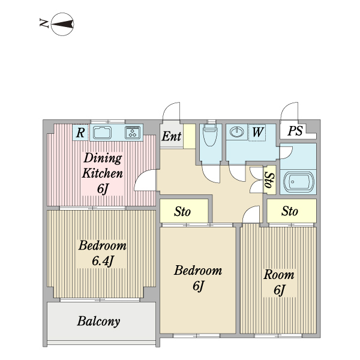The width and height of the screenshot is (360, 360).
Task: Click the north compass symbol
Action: pyautogui.click(x=62, y=24)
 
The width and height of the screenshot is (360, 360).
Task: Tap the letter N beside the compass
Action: pyautogui.click(x=44, y=23)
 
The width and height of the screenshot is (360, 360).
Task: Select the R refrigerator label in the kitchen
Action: pyautogui.click(x=80, y=133)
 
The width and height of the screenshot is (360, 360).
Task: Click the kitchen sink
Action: pyautogui.click(x=102, y=133)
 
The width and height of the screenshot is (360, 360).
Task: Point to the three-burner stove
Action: pyautogui.click(x=133, y=133)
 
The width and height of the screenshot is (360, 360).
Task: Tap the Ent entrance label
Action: pyautogui.click(x=172, y=136)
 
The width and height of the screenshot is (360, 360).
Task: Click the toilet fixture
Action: pyautogui.click(x=210, y=135)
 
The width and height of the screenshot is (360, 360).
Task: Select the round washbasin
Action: pyautogui.click(x=237, y=132)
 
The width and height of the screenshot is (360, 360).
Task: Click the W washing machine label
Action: pyautogui.click(x=257, y=132)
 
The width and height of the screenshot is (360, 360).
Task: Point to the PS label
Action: pyautogui.click(x=295, y=131)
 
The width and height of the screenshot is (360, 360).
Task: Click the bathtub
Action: pyautogui.click(x=298, y=181)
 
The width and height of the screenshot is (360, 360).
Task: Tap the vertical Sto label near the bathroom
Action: pyautogui.click(x=269, y=180)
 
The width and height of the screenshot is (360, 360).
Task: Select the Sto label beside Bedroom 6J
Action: pyautogui.click(x=182, y=211)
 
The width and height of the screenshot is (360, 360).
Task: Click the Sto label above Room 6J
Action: pyautogui.click(x=290, y=211)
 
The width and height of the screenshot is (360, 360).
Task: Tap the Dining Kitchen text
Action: pyautogui.click(x=103, y=166)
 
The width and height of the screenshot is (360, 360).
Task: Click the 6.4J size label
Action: pyautogui.click(x=103, y=260)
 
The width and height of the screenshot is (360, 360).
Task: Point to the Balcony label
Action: pyautogui.click(x=98, y=321)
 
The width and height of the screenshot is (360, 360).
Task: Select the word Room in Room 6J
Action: pyautogui.click(x=279, y=275)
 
